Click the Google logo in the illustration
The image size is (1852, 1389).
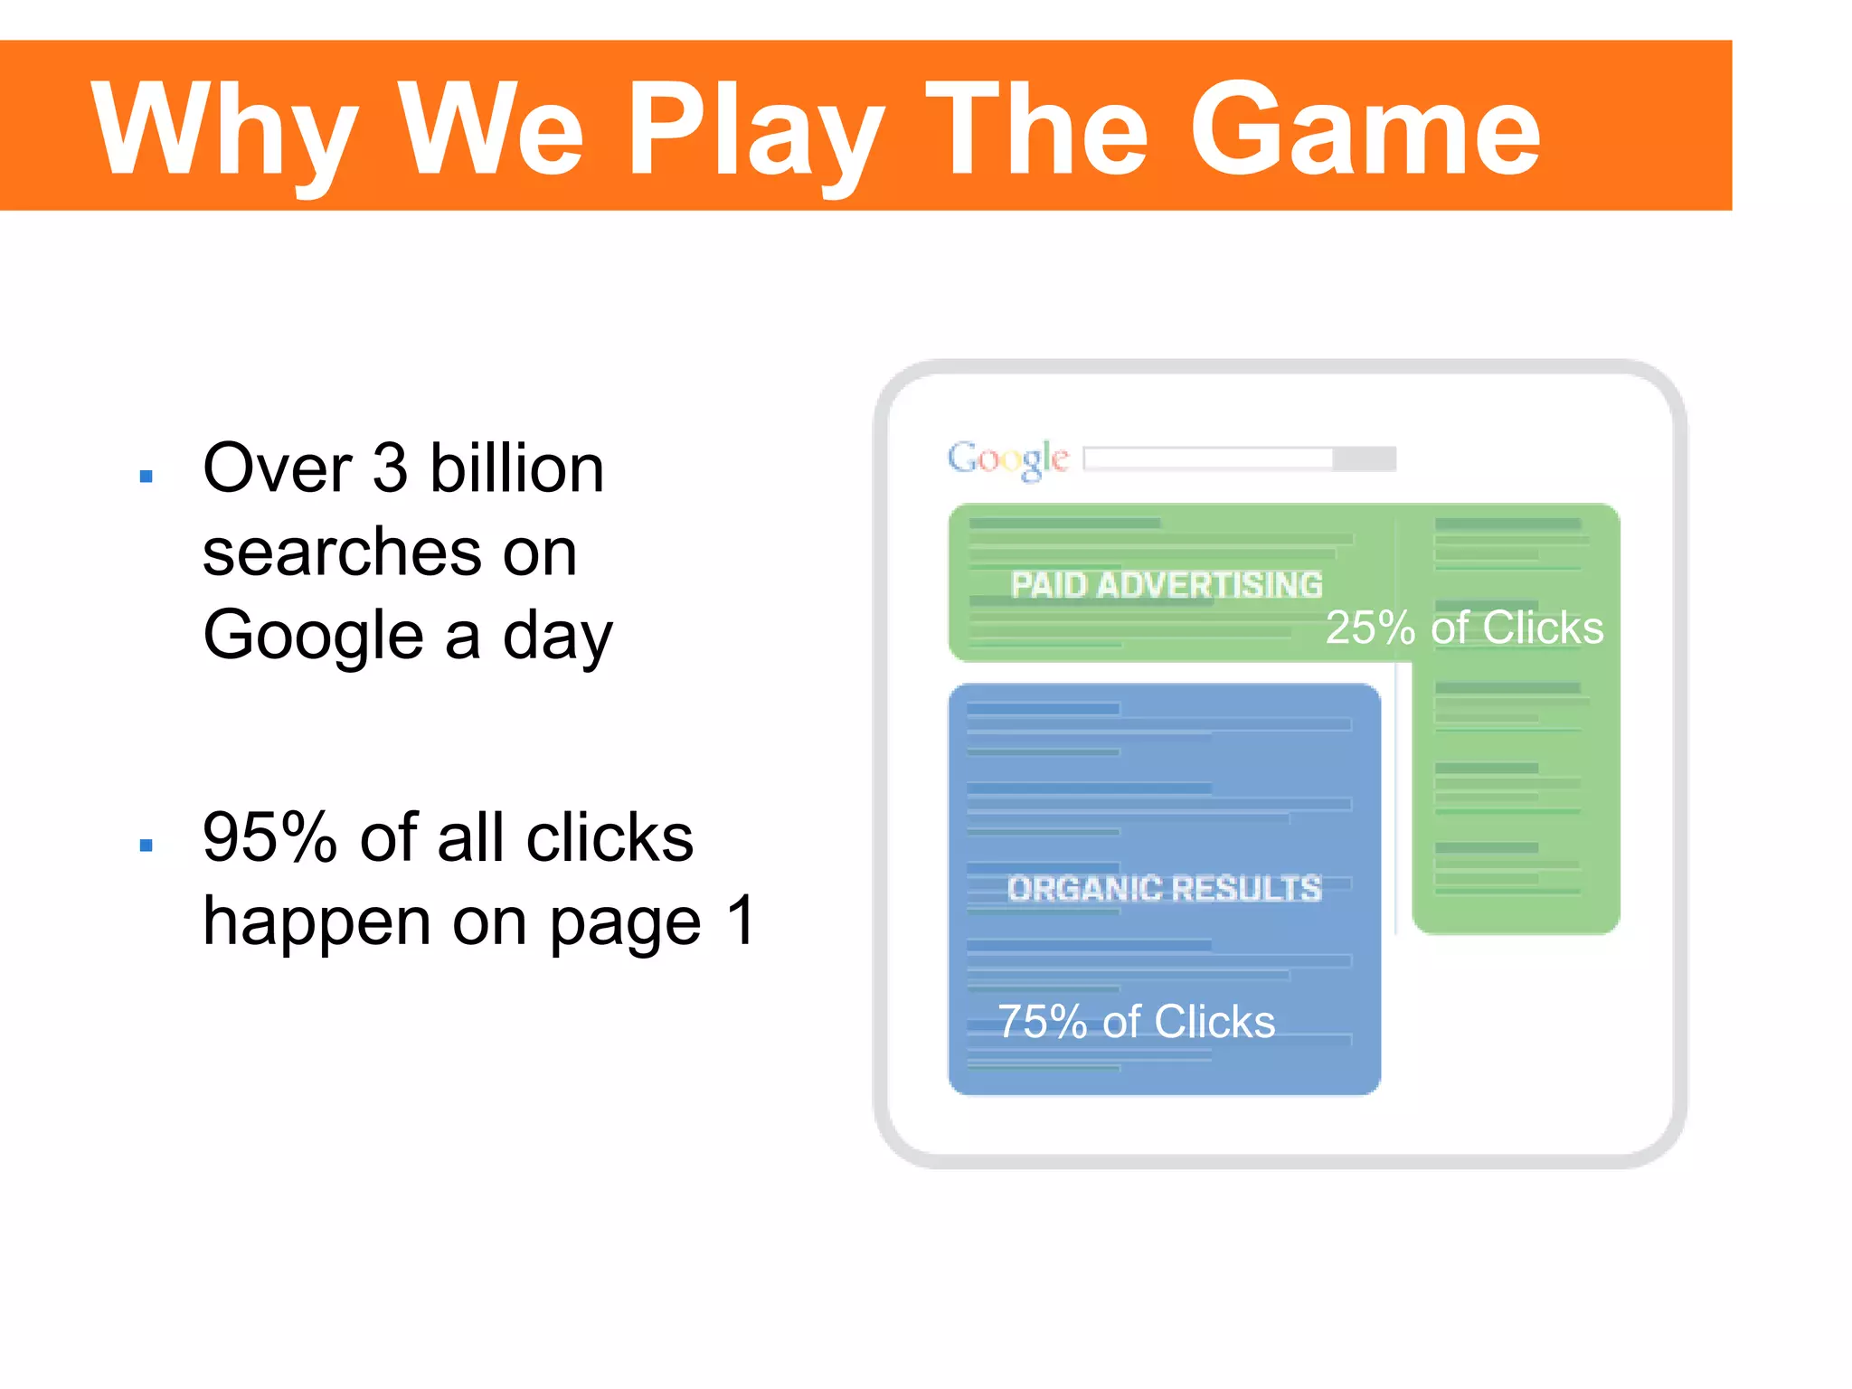(1007, 458)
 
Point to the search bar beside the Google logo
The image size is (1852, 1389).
(1239, 458)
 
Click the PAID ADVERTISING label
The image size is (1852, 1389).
(1167, 585)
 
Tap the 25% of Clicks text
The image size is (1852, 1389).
(1464, 628)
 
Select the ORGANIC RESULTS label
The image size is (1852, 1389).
(1165, 888)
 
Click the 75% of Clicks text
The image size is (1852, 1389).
(1136, 1022)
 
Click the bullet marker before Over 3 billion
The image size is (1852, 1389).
(146, 476)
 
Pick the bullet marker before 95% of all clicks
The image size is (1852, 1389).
(146, 846)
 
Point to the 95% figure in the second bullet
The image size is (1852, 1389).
(270, 838)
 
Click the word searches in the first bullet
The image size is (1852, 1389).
(342, 553)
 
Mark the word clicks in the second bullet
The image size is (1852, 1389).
(609, 838)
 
